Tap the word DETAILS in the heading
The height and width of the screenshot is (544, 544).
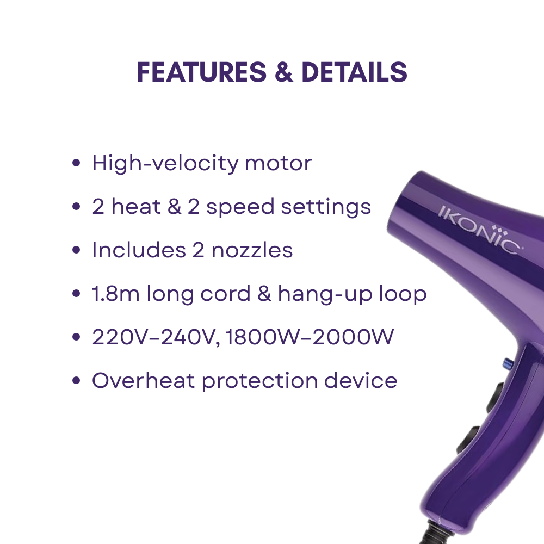click(x=354, y=72)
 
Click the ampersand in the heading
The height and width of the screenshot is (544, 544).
click(x=283, y=72)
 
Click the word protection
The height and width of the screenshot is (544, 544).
click(x=260, y=381)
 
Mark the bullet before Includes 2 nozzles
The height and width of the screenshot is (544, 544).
click(x=77, y=251)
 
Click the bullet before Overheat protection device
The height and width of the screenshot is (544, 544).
click(x=77, y=381)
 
